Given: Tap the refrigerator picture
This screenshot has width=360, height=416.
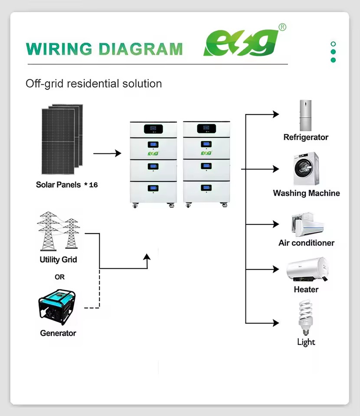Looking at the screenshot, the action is [306, 115].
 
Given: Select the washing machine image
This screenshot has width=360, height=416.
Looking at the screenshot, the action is [306, 169].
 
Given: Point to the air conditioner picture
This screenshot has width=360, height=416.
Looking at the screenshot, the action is [308, 224].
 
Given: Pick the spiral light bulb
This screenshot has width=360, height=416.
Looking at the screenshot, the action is [306, 318].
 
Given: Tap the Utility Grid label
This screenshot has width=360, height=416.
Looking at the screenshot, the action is [58, 260].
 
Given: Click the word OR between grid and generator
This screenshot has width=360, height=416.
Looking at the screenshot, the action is [59, 277].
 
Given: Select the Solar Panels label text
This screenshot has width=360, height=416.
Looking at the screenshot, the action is [58, 185].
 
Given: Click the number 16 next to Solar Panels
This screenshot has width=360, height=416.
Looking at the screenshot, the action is [93, 185].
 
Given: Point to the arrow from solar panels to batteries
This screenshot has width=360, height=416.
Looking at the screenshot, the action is [107, 153].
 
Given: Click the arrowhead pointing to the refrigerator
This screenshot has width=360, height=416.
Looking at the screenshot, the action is [276, 114].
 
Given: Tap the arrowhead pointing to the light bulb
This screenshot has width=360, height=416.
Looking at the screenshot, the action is [276, 323].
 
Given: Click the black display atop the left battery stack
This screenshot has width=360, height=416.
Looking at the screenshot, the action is [154, 129].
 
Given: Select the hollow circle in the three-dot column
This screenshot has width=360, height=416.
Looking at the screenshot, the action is [334, 44].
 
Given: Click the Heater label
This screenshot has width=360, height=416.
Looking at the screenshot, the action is [306, 289].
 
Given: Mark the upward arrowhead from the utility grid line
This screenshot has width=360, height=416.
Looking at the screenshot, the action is [147, 257].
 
